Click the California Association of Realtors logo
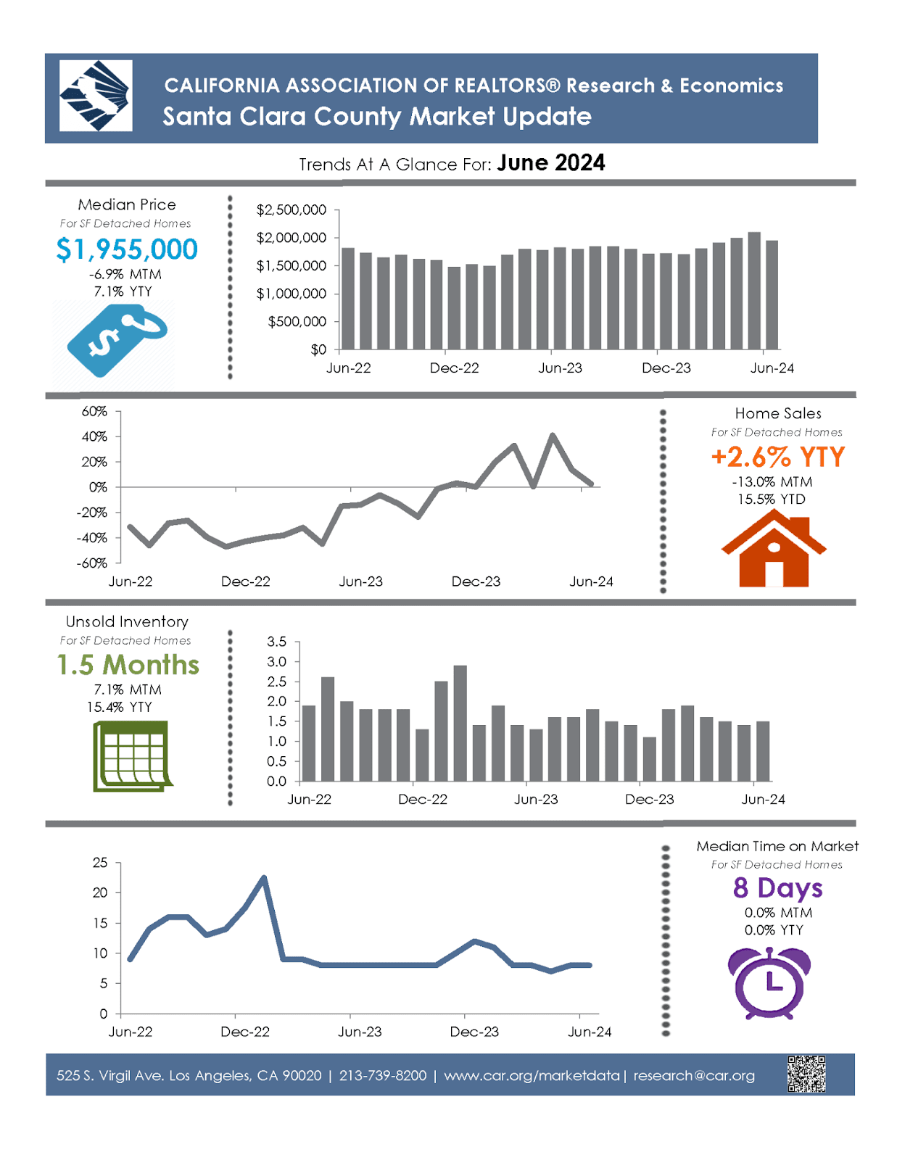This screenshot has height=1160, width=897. tap(96, 96)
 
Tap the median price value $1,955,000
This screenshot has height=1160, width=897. tap(127, 249)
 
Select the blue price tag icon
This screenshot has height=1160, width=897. tap(116, 340)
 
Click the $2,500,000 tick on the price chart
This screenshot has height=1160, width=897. tap(291, 210)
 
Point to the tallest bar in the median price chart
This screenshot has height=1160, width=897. tap(754, 290)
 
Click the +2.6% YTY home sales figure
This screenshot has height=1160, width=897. tap(778, 457)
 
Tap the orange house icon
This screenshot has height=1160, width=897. tap(774, 549)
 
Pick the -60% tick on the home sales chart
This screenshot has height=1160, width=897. tap(92, 563)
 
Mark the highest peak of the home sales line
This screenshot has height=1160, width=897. tap(553, 436)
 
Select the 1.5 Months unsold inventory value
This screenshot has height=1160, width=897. tap(128, 665)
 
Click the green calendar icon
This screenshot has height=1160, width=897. tap(132, 755)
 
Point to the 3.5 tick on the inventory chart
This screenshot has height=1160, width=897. tap(276, 642)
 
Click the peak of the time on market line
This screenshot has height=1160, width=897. tap(264, 878)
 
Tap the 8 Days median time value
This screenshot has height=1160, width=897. tap(777, 887)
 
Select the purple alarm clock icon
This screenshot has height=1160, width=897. tap(769, 983)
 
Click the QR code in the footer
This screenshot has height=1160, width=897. tap(806, 1074)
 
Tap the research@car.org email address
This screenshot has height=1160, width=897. tap(694, 1075)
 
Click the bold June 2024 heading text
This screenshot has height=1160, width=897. tap(551, 163)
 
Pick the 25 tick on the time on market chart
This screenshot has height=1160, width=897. tap(100, 863)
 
